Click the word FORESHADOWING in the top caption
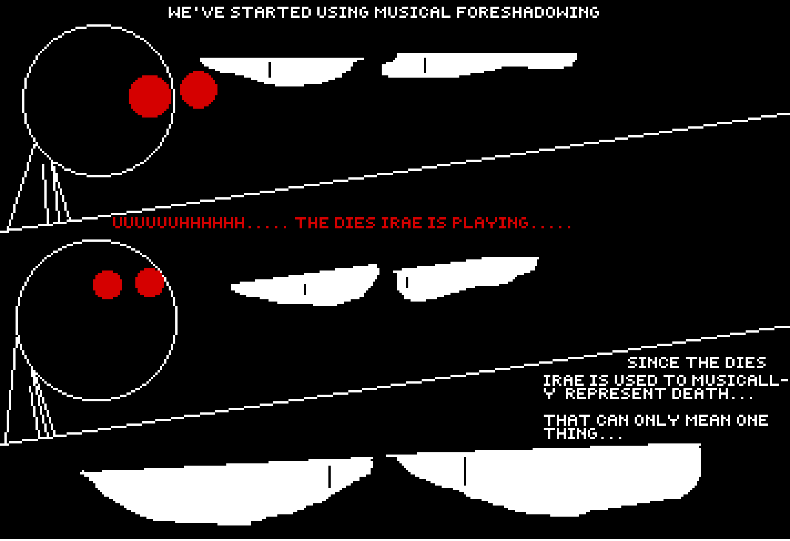[x=528, y=12]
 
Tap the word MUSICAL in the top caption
[x=412, y=12]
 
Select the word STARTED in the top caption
[x=270, y=12]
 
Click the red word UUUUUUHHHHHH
[x=178, y=223]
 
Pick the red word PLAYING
[x=490, y=223]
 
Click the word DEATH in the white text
[x=700, y=394]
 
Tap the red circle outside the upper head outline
[x=198, y=90]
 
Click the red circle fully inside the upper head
[x=150, y=96]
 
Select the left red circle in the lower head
[x=108, y=285]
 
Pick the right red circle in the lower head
[x=150, y=282]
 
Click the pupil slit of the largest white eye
[x=465, y=471]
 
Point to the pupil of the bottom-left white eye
[x=329, y=476]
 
